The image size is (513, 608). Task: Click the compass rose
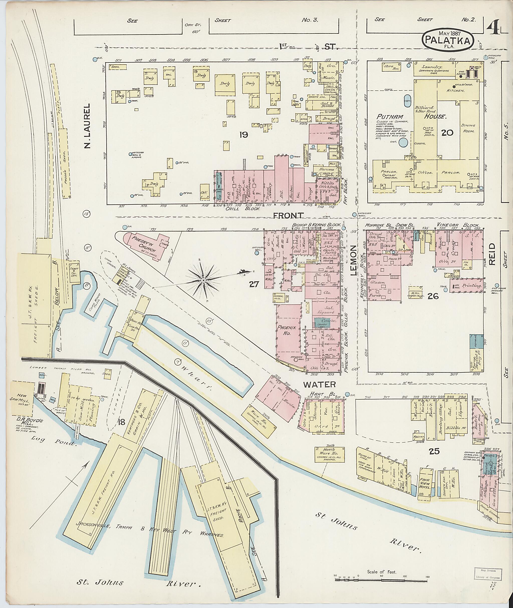click(204, 280)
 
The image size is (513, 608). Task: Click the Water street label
click(320, 384)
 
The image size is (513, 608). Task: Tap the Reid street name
click(491, 254)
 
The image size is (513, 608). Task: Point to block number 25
click(434, 451)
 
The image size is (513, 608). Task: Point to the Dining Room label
click(468, 128)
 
